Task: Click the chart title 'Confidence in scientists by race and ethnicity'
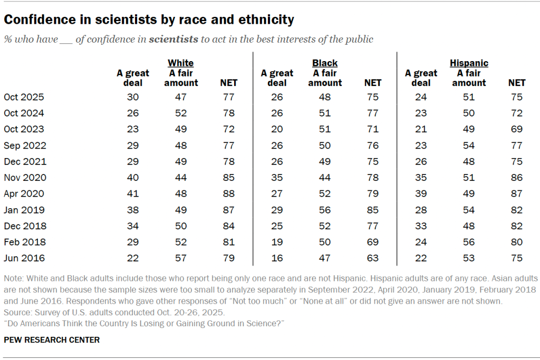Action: (149, 20)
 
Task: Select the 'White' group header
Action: (180, 63)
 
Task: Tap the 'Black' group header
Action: (325, 63)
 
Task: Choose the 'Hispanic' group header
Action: (469, 63)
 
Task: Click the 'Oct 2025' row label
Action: (24, 97)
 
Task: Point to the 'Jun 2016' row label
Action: (24, 258)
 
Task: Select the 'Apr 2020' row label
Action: (24, 193)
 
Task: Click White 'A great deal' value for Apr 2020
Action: (133, 193)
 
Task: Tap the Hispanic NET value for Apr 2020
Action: (516, 193)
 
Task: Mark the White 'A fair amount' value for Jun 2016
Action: (181, 258)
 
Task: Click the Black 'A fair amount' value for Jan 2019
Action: (325, 210)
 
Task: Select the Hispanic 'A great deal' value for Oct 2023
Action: (421, 129)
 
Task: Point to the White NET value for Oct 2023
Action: (228, 129)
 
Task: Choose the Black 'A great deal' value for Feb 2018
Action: (277, 242)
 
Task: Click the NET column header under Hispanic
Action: (516, 83)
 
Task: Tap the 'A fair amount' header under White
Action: (181, 78)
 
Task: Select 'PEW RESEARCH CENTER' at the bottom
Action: (51, 340)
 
